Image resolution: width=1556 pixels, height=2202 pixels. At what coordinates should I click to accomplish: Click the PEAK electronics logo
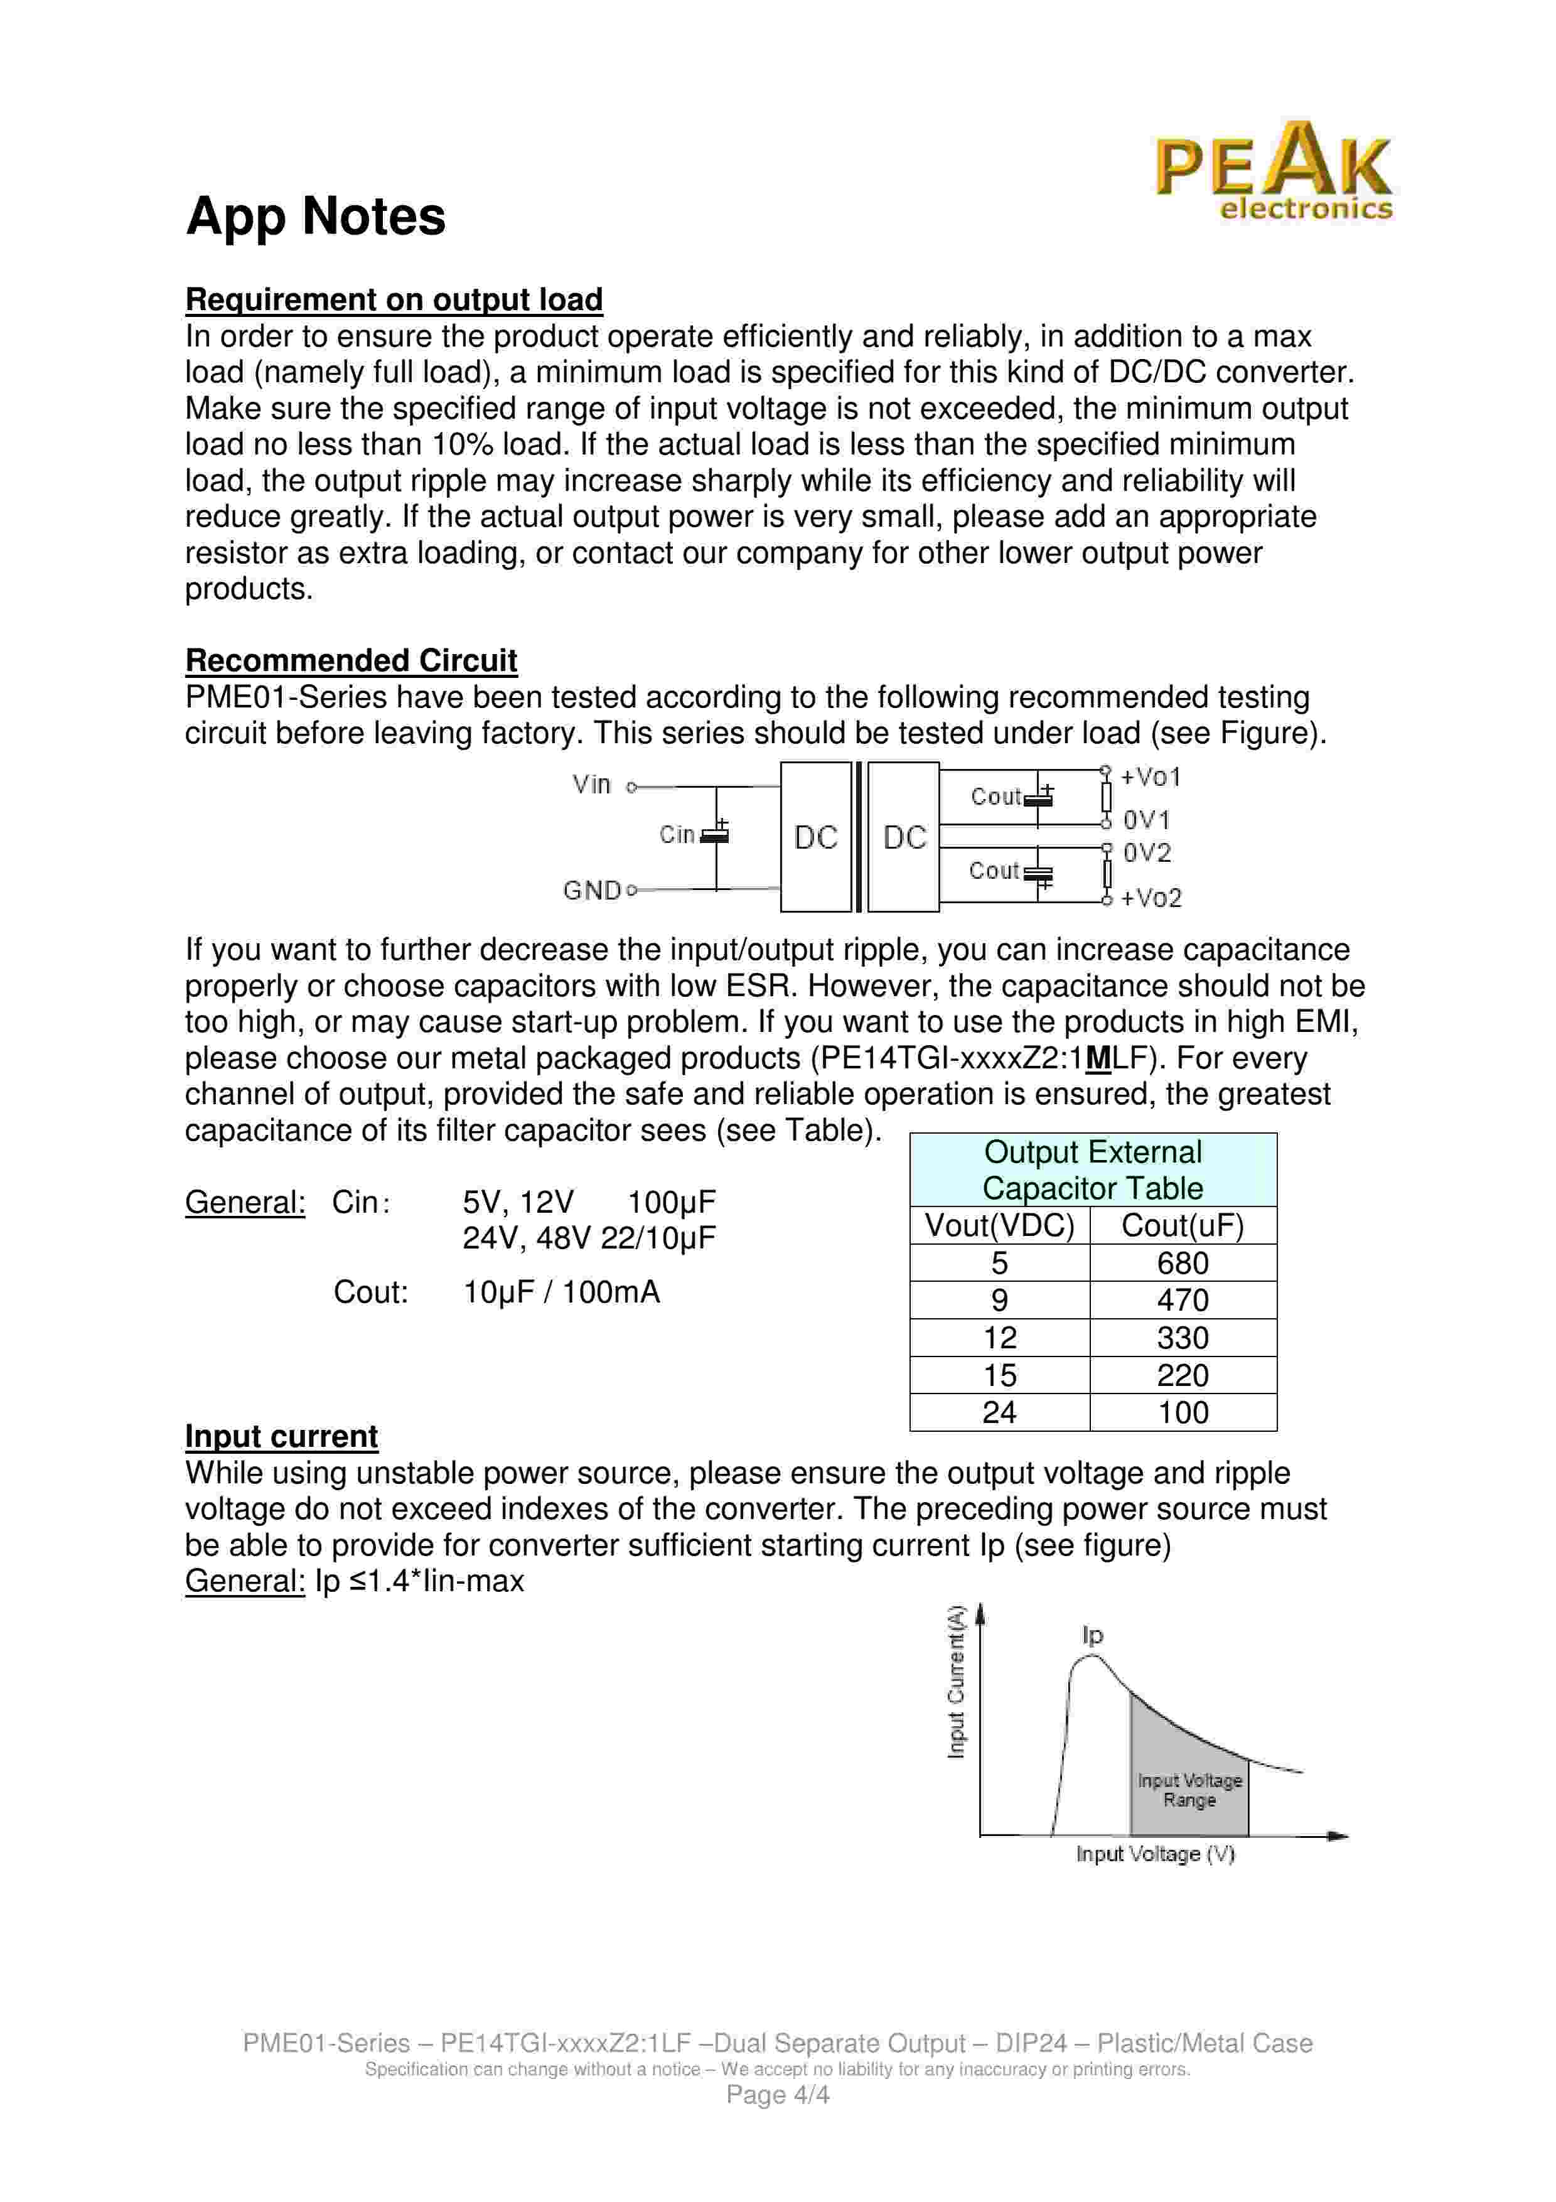point(1273,171)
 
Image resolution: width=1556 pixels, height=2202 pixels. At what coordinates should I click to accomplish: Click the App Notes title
point(316,216)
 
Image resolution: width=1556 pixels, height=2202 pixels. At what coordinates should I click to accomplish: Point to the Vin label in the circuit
point(591,785)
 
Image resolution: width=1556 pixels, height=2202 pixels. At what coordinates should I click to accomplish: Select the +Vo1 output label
point(1151,777)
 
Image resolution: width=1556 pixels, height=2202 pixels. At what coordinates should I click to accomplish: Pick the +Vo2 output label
point(1151,899)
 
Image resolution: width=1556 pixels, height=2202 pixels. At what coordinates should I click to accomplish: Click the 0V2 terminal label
point(1147,852)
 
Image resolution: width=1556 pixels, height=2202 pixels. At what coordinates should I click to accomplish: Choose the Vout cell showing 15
point(999,1375)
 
